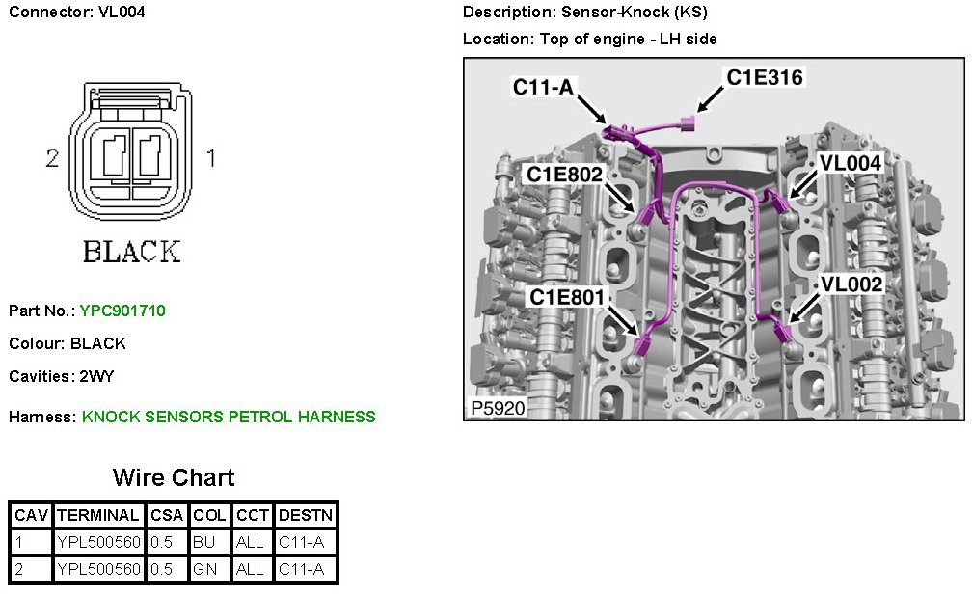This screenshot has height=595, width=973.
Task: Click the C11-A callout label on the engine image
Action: [543, 87]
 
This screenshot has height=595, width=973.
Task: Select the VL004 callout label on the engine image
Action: [850, 164]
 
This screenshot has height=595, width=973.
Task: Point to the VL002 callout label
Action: [851, 284]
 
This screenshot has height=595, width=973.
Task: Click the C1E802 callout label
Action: [564, 175]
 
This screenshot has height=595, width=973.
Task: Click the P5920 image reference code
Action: [498, 408]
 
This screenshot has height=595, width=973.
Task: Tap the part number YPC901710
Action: [122, 311]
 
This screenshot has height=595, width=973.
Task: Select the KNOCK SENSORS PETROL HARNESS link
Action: [229, 417]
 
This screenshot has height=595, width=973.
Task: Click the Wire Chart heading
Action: [174, 477]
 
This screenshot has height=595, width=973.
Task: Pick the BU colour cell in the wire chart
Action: [203, 543]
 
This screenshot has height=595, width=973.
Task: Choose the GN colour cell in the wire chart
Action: [203, 569]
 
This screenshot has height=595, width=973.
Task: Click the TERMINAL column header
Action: [99, 516]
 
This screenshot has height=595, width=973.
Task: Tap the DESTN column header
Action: [305, 516]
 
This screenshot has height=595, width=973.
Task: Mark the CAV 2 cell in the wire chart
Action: [31, 569]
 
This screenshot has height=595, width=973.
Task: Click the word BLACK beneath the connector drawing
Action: [131, 252]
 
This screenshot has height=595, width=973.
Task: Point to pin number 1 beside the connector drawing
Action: [211, 157]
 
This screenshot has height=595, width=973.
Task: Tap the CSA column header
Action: [167, 516]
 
